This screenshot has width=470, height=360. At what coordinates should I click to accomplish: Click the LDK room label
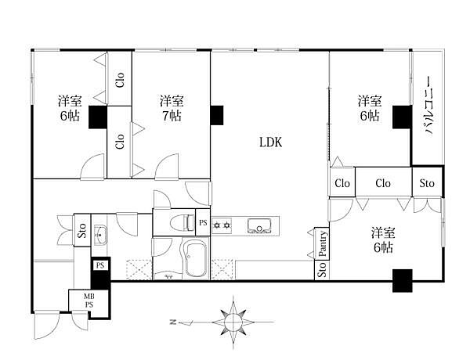tap(271, 142)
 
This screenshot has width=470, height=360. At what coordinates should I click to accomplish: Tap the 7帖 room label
tap(172, 116)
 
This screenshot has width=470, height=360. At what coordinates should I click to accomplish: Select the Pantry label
tap(323, 243)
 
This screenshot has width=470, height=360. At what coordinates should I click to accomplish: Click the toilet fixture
tap(183, 223)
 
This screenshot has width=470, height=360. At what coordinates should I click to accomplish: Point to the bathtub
tap(196, 258)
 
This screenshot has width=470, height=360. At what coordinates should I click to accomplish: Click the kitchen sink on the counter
tap(259, 226)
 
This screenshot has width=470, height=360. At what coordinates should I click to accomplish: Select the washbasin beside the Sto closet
tap(100, 233)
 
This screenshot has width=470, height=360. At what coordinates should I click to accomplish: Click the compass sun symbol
tap(233, 322)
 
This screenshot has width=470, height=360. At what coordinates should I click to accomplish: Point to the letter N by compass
tap(172, 322)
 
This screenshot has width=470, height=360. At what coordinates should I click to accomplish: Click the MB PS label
tap(89, 301)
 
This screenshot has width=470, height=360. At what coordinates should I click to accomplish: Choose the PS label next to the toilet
tap(203, 222)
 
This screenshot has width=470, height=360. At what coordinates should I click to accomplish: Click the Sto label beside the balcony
tap(427, 182)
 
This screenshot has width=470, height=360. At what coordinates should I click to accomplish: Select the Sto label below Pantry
tap(322, 269)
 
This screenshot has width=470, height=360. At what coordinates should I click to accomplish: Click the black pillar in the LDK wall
tap(217, 115)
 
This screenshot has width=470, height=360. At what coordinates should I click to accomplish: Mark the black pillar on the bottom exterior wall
tap(403, 281)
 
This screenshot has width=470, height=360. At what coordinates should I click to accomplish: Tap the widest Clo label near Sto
tap(383, 183)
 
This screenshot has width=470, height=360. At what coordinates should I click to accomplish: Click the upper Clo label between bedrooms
tap(120, 80)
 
